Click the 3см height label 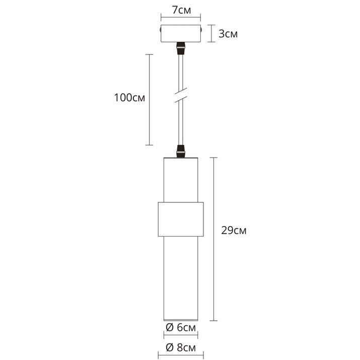(228, 34)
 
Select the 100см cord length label (129, 98)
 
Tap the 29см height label (234, 231)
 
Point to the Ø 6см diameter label (181, 328)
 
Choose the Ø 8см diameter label (181, 348)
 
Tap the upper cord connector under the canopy (180, 49)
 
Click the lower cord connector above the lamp (180, 151)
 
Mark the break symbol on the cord (180, 95)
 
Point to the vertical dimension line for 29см (215, 239)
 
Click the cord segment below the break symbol (180, 123)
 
